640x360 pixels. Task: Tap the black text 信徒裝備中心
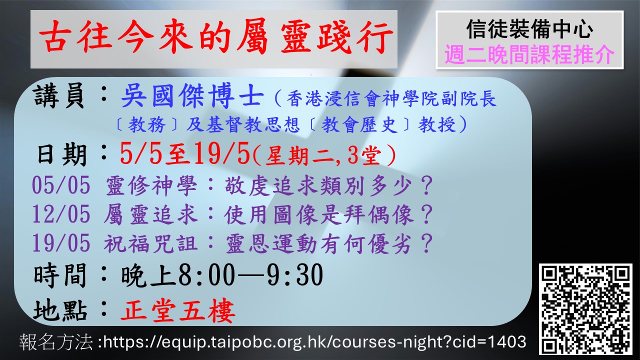(x=529, y=29)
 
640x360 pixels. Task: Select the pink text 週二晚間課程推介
(x=529, y=54)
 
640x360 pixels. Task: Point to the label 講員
(x=59, y=96)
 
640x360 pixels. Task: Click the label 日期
(x=61, y=155)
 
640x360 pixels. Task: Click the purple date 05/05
(x=61, y=185)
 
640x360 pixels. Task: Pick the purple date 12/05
(x=61, y=214)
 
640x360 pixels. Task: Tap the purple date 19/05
(x=61, y=243)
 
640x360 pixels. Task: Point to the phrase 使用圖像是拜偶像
(x=319, y=215)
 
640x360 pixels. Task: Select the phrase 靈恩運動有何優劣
(x=319, y=244)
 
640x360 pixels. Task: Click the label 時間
(x=60, y=275)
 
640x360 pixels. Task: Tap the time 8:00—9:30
(x=250, y=275)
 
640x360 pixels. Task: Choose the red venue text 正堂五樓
(x=178, y=311)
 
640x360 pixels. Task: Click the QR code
(x=585, y=309)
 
